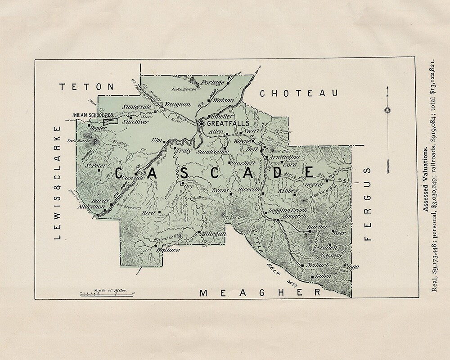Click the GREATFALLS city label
pos(228,123)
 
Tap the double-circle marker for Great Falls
pos(202,123)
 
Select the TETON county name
pos(87,87)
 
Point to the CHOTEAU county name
pos(298,93)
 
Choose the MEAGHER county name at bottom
pos(261,293)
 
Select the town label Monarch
pos(281,216)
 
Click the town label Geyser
pos(314,184)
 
